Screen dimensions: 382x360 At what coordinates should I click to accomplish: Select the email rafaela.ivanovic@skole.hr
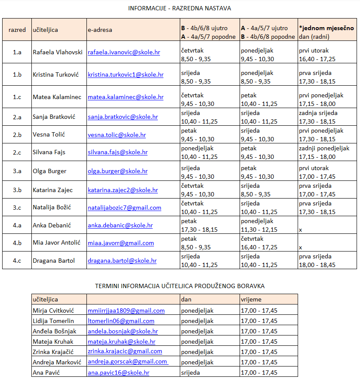pos(124,52)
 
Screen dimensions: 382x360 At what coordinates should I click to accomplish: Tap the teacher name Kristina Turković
pos(56,75)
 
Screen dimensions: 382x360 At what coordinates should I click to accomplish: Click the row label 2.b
pos(17,135)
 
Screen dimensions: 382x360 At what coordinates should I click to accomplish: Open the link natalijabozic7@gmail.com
pos(124,208)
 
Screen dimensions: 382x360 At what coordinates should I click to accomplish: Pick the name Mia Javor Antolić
pos(57,243)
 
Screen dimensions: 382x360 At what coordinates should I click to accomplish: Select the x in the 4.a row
pos(300,230)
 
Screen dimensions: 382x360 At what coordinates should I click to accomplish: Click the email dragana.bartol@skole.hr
pos(122,261)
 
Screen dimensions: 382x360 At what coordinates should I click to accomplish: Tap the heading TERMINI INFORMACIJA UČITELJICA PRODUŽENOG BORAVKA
pos(180,286)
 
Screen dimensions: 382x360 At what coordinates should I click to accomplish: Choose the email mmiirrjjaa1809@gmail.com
pos(126,311)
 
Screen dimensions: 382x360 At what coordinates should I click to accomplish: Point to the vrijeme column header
pos(251,299)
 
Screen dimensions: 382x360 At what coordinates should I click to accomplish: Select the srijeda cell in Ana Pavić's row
pos(191,373)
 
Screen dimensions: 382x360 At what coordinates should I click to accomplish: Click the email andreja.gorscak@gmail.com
pos(127,362)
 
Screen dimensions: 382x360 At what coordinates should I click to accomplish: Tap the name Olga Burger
pos(49,171)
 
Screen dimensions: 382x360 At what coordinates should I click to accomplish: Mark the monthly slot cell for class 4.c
pos(318,261)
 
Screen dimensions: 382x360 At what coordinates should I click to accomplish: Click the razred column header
pos(17,30)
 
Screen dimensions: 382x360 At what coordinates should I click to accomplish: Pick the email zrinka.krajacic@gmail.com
pos(125,351)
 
